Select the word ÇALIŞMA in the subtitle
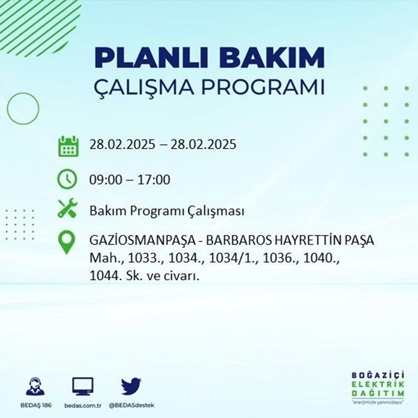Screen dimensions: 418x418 [146, 89]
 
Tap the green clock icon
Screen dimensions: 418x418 [67, 180]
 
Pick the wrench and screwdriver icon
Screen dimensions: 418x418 [67, 208]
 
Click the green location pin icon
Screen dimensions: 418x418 [67, 242]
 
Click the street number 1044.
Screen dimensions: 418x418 [103, 276]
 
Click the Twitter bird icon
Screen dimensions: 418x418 [131, 387]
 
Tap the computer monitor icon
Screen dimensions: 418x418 [83, 387]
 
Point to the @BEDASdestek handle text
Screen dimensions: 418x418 [131, 406]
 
